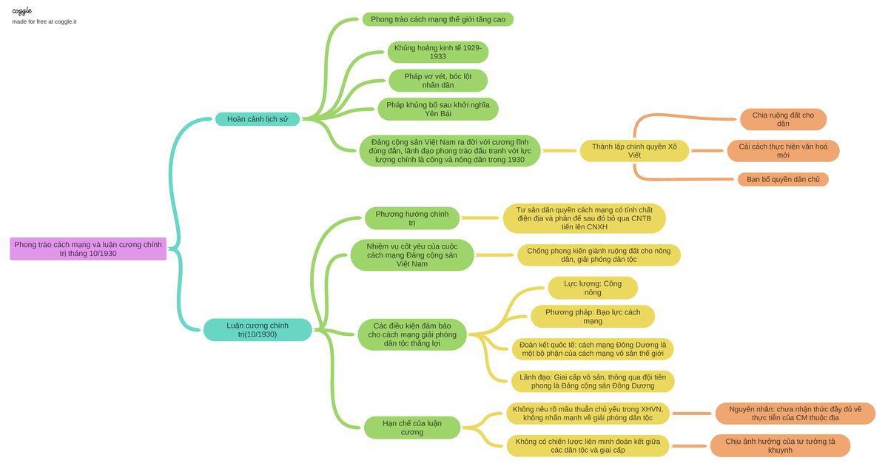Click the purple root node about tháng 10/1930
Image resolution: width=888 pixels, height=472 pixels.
(88, 249)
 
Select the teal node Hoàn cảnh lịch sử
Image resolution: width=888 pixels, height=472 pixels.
(258, 119)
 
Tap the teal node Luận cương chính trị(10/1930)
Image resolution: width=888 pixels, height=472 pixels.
(258, 330)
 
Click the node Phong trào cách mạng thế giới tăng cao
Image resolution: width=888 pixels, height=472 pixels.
(438, 19)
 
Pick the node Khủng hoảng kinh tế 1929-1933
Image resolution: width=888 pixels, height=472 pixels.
(437, 52)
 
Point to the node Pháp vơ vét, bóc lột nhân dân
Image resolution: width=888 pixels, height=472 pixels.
(437, 81)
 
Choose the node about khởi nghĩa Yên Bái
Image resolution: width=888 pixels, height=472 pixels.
(437, 109)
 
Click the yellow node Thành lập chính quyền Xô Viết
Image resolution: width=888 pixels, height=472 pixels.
(634, 151)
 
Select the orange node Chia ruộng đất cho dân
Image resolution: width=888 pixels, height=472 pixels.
(783, 119)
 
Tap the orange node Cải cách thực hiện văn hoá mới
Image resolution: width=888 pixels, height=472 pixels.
(783, 151)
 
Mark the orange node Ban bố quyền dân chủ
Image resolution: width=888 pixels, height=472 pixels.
(783, 179)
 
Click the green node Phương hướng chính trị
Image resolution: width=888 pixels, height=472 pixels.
(412, 218)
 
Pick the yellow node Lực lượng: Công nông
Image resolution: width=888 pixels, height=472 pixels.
(592, 288)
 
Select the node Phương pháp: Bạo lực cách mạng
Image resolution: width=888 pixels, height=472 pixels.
(592, 317)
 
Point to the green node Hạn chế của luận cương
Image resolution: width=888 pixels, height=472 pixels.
(412, 428)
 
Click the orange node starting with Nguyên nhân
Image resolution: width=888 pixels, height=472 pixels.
(795, 414)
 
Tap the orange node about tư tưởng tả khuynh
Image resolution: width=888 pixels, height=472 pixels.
(780, 445)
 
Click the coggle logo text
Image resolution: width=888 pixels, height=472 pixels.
(21, 10)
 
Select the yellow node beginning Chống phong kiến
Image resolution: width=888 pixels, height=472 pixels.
(599, 255)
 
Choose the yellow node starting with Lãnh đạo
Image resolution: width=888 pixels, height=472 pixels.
(592, 381)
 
